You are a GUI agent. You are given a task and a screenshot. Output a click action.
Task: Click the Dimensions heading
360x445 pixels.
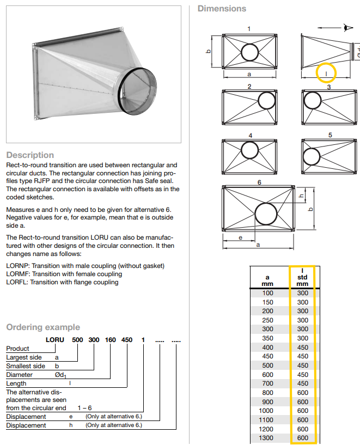tap(222, 9)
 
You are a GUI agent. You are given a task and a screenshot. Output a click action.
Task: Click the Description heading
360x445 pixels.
tap(30, 155)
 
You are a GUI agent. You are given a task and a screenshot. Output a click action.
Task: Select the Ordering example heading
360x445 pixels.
tap(43, 327)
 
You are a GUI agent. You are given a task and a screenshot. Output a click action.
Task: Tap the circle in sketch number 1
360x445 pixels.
tap(249, 52)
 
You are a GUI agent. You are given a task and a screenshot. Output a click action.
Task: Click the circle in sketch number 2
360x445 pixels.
tap(267, 101)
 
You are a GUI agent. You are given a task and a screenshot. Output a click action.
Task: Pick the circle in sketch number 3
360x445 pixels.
tap(313, 101)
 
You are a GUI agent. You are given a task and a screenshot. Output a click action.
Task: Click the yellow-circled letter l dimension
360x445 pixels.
tap(326, 72)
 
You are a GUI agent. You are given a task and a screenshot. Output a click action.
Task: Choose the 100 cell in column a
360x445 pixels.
tap(267, 293)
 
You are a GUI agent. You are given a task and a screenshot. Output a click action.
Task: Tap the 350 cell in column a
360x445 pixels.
tap(267, 338)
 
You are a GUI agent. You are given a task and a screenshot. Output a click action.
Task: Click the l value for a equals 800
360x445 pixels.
tap(303, 392)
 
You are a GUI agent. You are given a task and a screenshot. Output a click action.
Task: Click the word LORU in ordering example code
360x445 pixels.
tap(54, 340)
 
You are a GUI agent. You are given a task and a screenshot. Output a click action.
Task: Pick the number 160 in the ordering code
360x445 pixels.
tap(111, 340)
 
